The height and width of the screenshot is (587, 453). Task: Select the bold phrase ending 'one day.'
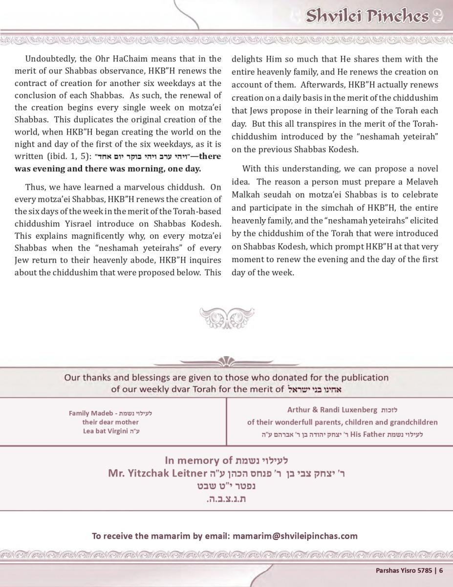pos(108,169)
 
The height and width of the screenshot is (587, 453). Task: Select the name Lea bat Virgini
pos(106,431)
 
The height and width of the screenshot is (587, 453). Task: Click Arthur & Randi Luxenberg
pos(332,410)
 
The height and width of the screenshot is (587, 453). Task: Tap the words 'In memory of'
pos(198,460)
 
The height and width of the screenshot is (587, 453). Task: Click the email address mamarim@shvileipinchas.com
pos(295,536)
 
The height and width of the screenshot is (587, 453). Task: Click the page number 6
pos(441,570)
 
